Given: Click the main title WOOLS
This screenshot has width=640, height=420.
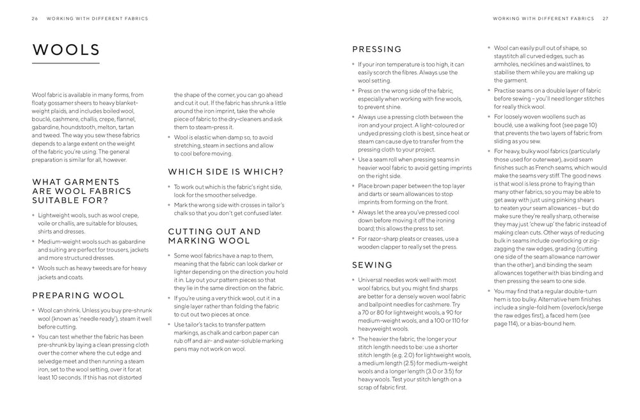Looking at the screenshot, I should [66, 50].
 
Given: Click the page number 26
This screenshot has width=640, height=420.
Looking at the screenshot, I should [35, 19].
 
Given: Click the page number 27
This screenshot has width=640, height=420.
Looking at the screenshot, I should [605, 19].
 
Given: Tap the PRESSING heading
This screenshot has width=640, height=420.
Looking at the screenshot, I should [377, 49].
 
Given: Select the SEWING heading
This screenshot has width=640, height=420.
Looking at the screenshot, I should [372, 265].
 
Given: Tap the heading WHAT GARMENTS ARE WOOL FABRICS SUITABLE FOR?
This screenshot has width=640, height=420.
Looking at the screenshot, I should [81, 191].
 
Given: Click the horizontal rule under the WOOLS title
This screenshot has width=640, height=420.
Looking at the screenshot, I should [66, 63].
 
